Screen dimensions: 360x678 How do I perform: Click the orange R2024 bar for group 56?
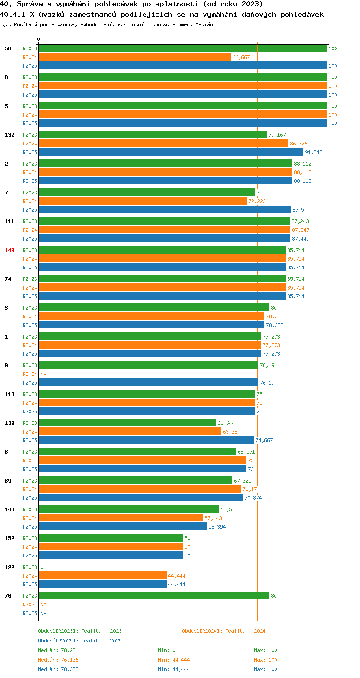(x=135, y=57)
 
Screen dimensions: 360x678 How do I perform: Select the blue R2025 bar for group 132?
(x=171, y=152)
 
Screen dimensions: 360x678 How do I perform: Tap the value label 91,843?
(x=313, y=152)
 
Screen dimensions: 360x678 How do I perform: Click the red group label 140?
(x=10, y=250)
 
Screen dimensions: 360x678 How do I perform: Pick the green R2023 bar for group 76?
(x=154, y=595)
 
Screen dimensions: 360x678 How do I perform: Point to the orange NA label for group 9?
(x=43, y=374)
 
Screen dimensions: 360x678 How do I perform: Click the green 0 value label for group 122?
(x=42, y=567)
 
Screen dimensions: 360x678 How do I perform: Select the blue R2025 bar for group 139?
(x=146, y=440)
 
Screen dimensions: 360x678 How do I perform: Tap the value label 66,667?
(x=241, y=57)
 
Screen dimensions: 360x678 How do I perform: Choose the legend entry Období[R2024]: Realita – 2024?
(x=224, y=631)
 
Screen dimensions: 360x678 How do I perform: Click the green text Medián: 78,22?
(x=57, y=650)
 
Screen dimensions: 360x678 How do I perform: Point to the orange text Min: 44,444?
(x=174, y=660)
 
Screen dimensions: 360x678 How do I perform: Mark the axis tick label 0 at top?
(x=38, y=39)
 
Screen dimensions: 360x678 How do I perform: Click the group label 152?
(x=10, y=538)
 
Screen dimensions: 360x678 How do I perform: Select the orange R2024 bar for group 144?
(x=121, y=518)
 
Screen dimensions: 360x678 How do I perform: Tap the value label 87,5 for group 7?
(x=298, y=210)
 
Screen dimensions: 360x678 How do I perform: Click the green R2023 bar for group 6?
(x=138, y=451)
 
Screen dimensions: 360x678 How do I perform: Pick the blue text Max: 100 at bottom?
(x=265, y=669)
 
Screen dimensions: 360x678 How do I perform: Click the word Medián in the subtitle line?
(x=204, y=24)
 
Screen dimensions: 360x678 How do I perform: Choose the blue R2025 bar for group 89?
(x=141, y=497)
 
